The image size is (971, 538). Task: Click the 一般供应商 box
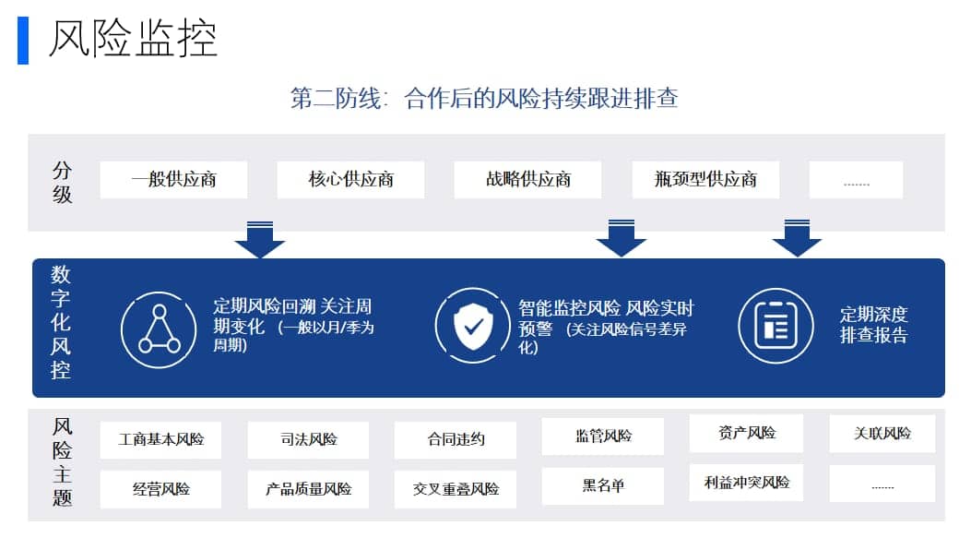pos(173,180)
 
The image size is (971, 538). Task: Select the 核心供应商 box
pos(350,180)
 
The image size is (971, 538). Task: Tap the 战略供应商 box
pos(527,180)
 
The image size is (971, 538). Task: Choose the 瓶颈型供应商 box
pos(705,180)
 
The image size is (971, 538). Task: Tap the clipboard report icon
pos(776,326)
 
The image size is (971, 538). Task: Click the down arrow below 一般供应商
pos(260,239)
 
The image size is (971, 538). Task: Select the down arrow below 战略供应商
pos(622,238)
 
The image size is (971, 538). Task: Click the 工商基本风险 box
pos(161,440)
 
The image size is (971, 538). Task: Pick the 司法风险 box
pos(308,440)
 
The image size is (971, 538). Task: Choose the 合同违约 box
pos(456,440)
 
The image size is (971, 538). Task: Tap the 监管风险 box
pos(602,436)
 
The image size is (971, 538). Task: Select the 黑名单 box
pos(602,485)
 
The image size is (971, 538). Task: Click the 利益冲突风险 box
pos(746,483)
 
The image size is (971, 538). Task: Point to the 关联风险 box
pos(882,433)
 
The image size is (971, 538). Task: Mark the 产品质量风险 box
pos(308,490)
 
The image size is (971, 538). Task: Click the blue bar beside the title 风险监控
pos(23,41)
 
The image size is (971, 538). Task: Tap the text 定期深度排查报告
pos(874,325)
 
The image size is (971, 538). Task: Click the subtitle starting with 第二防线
pos(484,99)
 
